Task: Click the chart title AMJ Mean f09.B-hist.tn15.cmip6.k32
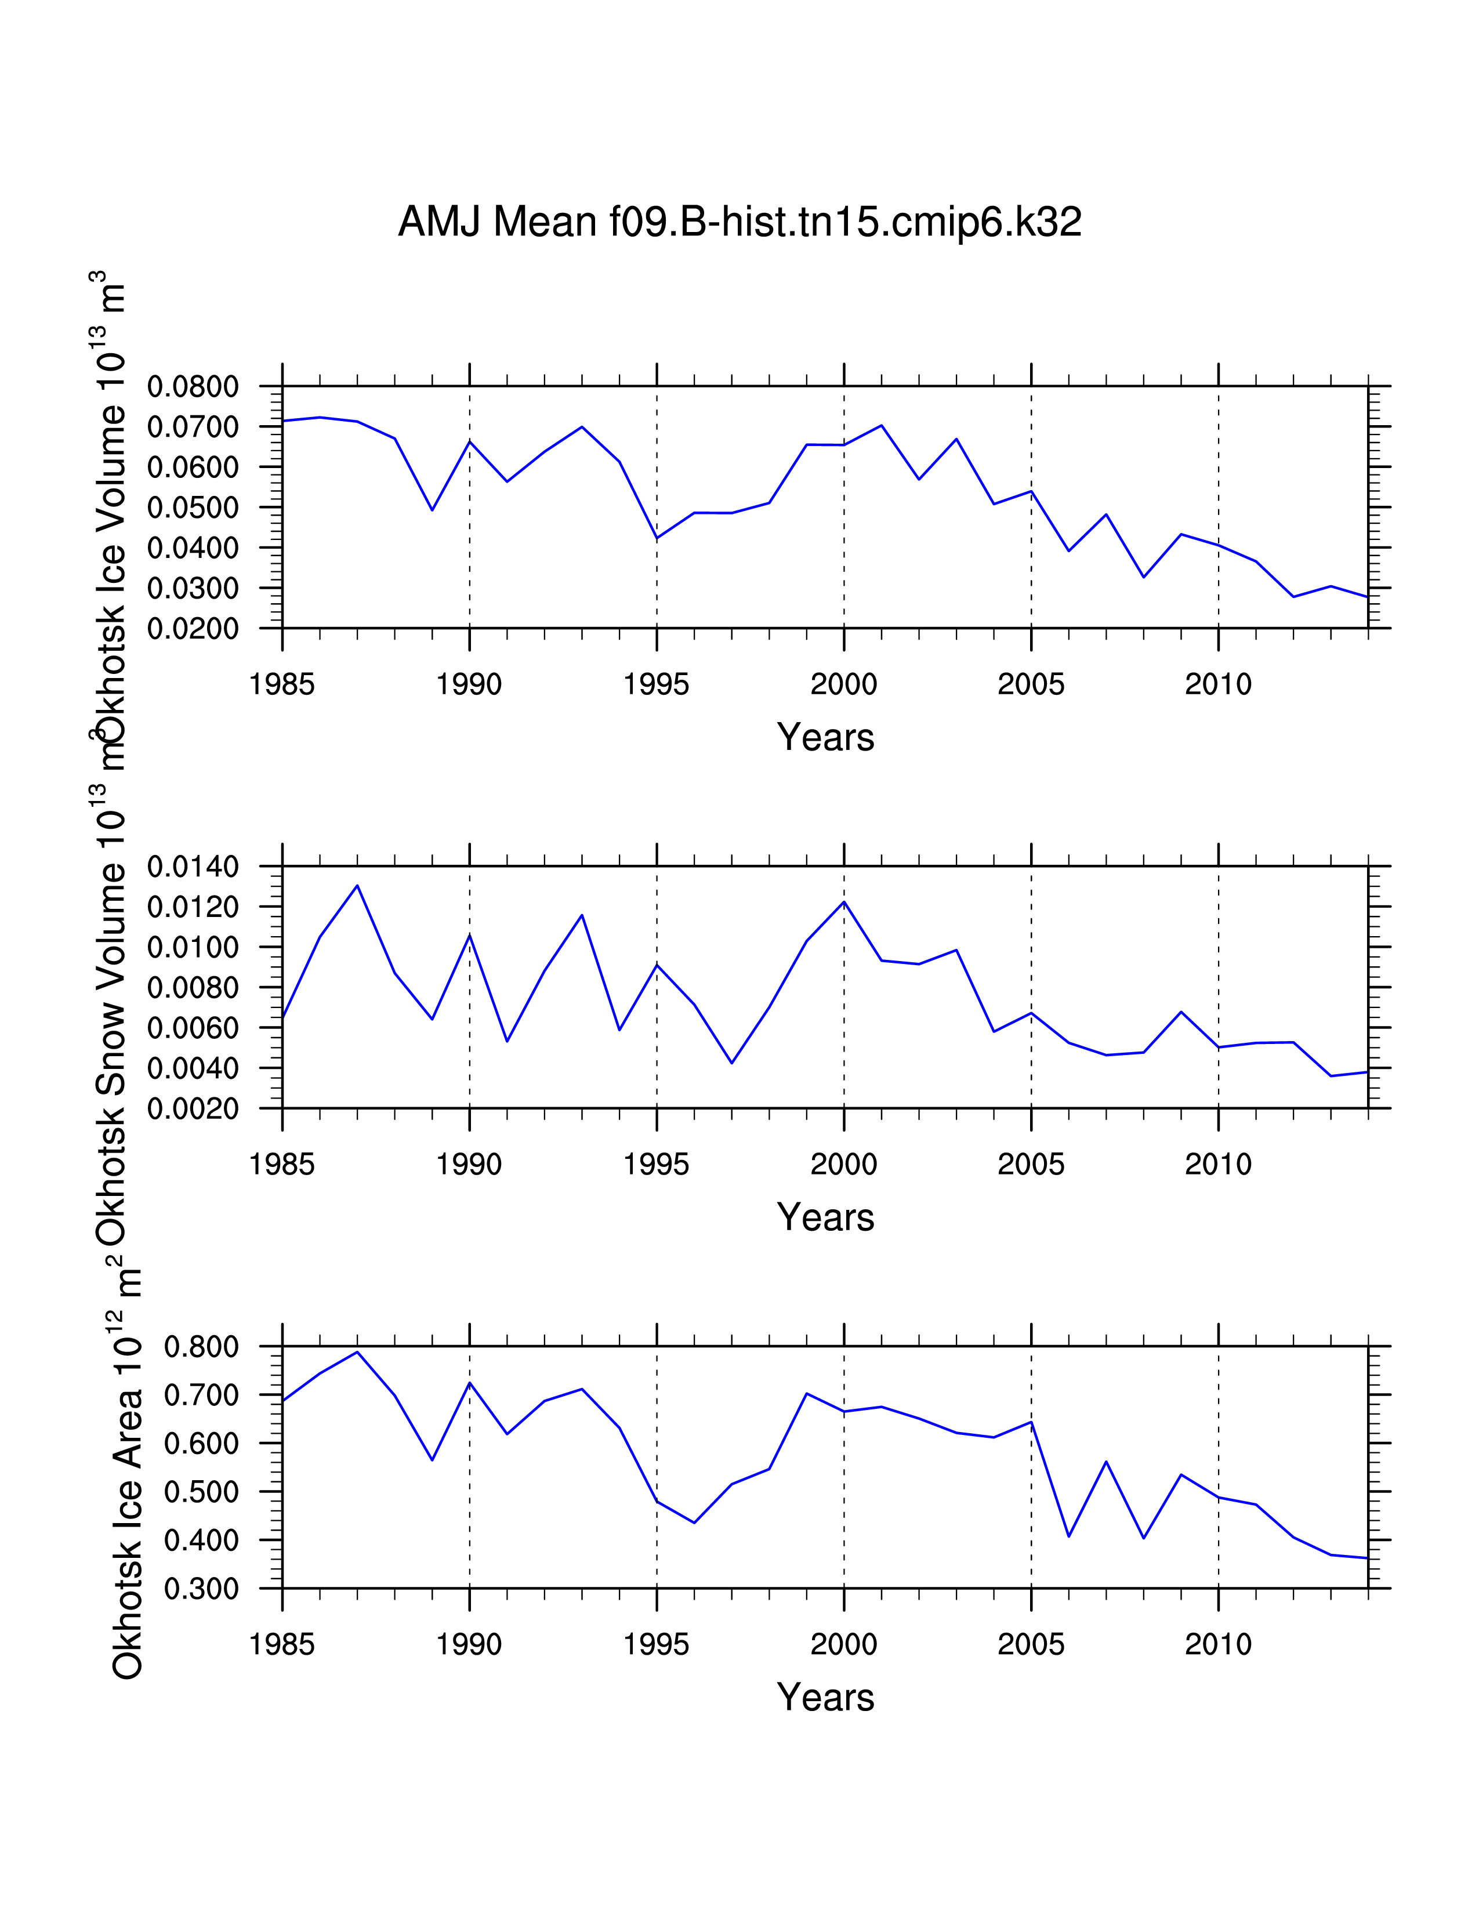pos(739,222)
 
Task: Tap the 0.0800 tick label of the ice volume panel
pos(193,386)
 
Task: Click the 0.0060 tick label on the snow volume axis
pos(193,1028)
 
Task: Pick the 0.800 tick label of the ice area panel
pos(201,1347)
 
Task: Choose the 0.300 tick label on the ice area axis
pos(201,1589)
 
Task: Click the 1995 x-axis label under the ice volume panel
pos(656,684)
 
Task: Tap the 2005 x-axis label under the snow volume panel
pos(1031,1165)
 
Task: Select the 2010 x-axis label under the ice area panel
pos(1218,1645)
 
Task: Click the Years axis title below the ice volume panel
pos(825,738)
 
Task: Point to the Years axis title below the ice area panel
pos(825,1698)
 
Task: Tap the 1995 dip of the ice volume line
pos(657,538)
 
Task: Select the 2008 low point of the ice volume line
pos(1143,577)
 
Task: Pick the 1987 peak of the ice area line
pos(357,1352)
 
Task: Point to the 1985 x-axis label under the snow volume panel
pos(281,1165)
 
